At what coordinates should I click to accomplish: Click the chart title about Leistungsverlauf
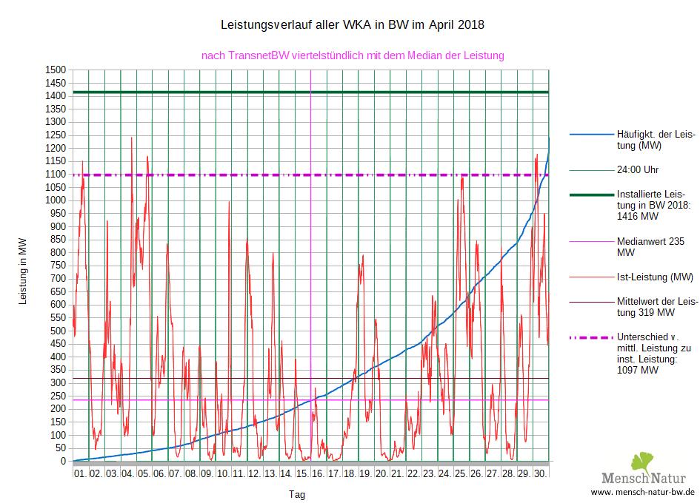click(x=353, y=25)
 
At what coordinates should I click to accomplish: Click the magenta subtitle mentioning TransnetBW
click(x=353, y=55)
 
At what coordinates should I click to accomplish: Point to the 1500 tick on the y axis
click(x=56, y=70)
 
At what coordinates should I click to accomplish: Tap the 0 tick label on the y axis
click(x=64, y=462)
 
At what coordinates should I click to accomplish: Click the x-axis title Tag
click(x=296, y=494)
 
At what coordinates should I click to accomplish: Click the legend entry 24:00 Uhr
click(x=637, y=169)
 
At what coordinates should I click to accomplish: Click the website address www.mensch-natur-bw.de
click(x=642, y=492)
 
